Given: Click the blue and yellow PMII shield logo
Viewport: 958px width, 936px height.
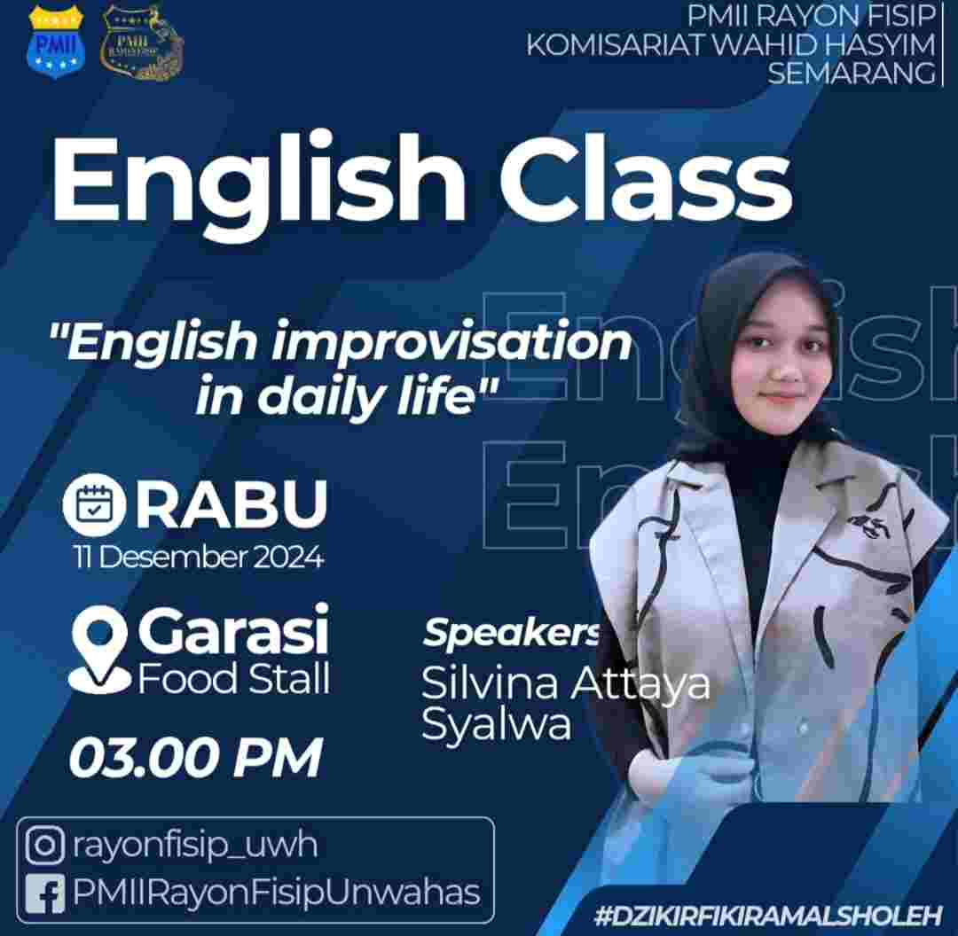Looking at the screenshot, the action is click(x=56, y=43).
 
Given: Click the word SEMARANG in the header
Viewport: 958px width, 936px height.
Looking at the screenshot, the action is click(x=851, y=73).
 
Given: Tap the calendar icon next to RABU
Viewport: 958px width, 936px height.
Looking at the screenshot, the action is click(x=94, y=504).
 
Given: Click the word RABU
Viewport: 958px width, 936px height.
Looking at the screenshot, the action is click(x=232, y=503).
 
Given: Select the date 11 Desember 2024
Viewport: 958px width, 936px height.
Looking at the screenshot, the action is click(x=199, y=557).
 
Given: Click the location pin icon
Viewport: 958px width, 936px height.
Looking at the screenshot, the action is click(x=99, y=651).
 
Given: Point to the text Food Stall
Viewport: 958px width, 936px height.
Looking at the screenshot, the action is click(x=234, y=678).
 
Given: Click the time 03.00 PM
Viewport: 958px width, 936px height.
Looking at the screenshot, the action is click(x=196, y=757).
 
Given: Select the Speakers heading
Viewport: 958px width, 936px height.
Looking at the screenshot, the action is click(x=512, y=633).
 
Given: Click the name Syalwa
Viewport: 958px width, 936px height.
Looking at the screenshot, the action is click(x=497, y=725).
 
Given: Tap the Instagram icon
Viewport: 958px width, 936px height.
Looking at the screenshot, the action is click(x=44, y=845).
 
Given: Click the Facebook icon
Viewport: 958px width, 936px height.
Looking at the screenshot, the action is click(x=44, y=893).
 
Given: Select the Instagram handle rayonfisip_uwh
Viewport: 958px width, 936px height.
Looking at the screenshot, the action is click(x=195, y=846).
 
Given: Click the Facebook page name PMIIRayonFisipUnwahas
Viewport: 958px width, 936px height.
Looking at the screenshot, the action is click(x=276, y=893).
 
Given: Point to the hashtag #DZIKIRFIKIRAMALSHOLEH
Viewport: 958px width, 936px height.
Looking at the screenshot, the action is click(x=768, y=916).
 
